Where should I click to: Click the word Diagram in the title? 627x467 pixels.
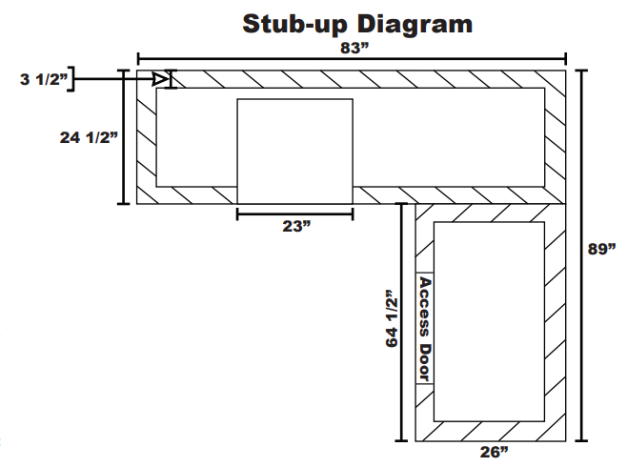click(414, 25)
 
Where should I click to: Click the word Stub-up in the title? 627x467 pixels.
click(294, 24)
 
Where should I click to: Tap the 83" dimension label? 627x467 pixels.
click(354, 49)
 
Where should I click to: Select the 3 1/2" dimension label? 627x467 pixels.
click(44, 79)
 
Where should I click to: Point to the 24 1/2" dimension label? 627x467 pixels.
click(89, 137)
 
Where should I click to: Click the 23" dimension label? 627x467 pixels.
click(296, 226)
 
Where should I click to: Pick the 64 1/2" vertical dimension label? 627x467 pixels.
click(393, 318)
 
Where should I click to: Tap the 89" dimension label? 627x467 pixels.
click(601, 249)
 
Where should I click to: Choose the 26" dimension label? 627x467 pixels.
click(495, 452)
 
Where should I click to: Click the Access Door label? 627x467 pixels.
click(425, 329)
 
